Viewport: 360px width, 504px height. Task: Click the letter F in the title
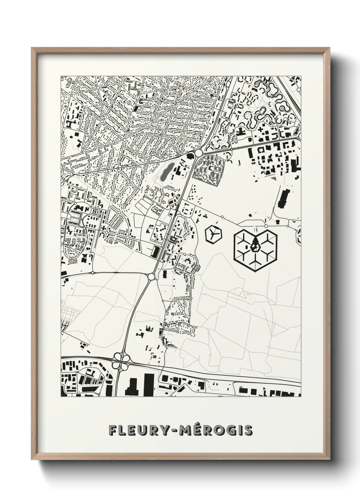tap(113, 430)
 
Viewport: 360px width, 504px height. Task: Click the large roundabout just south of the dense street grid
tap(198, 153)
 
